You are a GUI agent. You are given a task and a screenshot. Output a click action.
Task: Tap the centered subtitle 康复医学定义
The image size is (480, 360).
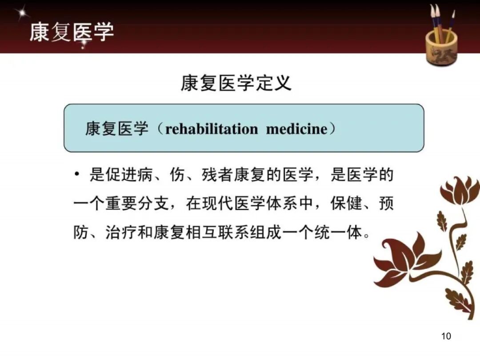point(236,83)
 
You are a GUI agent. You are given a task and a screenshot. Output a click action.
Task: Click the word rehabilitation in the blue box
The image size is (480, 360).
point(212,129)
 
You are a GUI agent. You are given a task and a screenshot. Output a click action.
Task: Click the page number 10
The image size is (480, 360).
point(446,336)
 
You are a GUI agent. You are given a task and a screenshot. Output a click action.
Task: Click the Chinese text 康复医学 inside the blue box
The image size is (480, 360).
point(116,129)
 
